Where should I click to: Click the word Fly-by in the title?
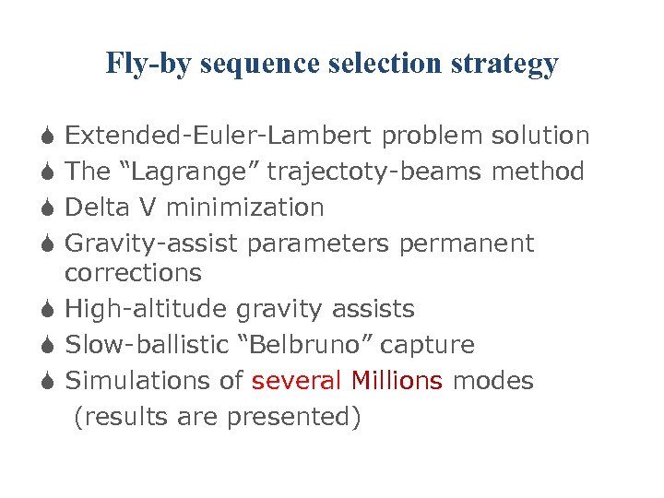click(148, 64)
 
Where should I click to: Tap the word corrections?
click(133, 274)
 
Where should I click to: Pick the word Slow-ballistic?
click(148, 346)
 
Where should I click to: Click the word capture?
click(428, 346)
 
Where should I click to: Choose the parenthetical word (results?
click(114, 418)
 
